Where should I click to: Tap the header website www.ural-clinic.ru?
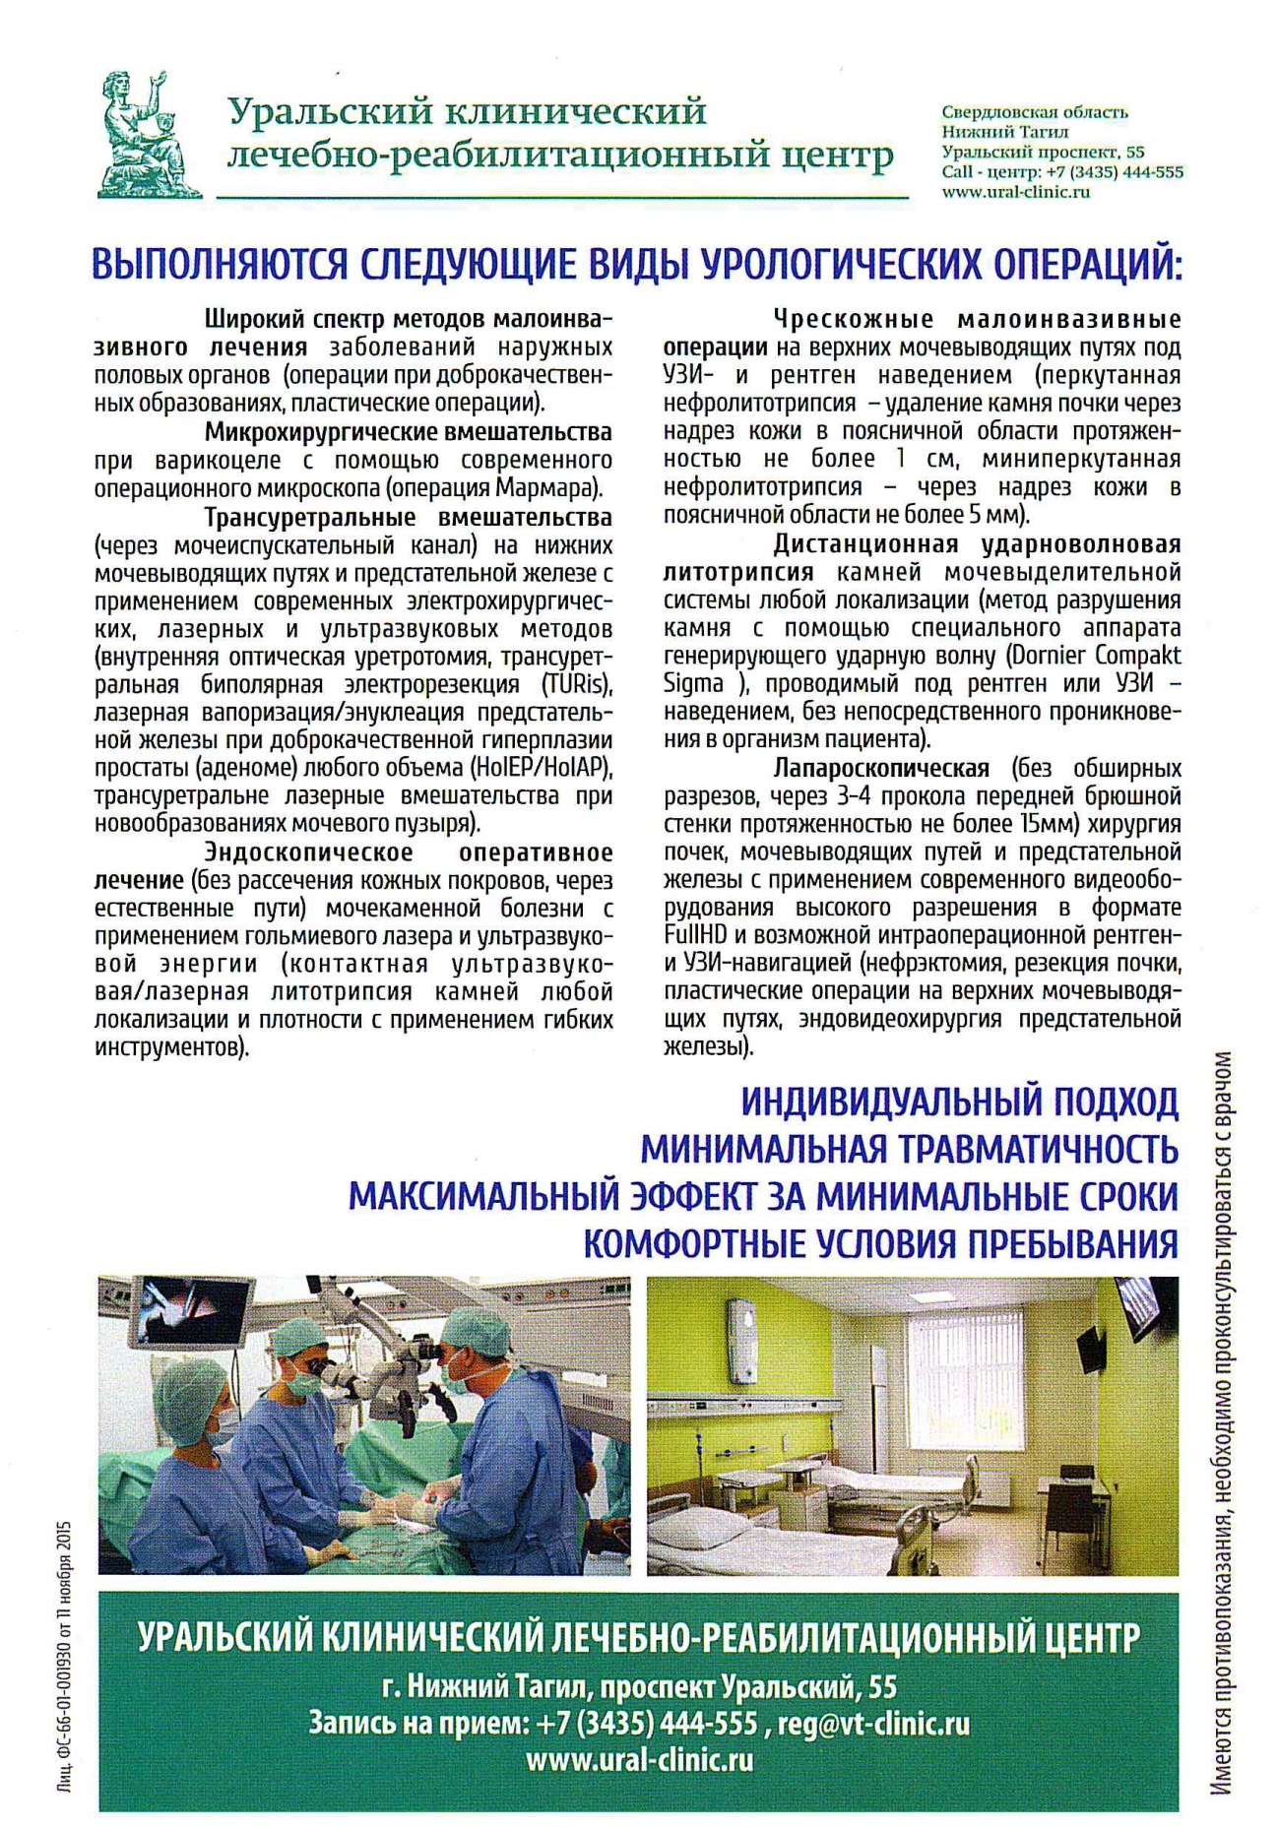pos(1015,193)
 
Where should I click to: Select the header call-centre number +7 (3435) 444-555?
pos(1108,172)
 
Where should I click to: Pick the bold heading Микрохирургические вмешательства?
pos(408,432)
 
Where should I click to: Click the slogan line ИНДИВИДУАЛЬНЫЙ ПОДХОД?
pos(959,1102)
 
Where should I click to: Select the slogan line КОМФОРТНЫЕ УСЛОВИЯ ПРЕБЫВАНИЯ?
pos(880,1244)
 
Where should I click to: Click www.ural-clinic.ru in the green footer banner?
pos(639,1759)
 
